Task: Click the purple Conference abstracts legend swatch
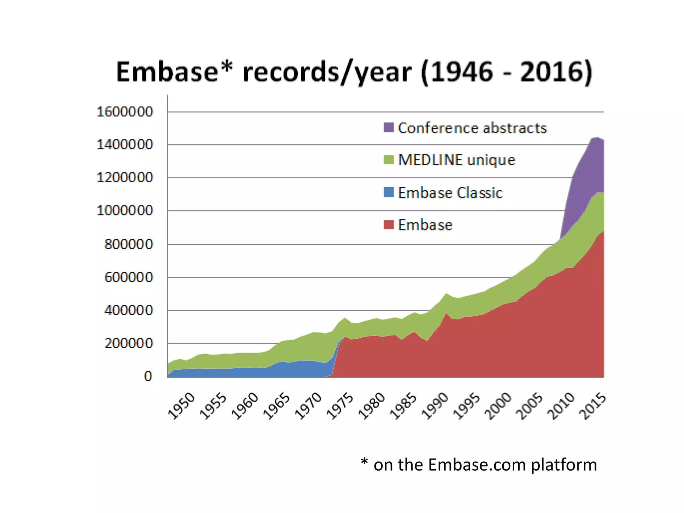388,127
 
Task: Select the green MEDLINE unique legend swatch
388,160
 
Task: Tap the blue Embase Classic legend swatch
388,192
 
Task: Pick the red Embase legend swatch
388,224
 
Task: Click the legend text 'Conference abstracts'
472,128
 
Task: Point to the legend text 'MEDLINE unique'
456,160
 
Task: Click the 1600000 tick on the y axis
125,112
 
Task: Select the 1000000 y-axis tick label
125,211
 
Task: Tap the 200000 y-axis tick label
129,343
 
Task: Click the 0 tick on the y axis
148,376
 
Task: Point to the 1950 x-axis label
181,406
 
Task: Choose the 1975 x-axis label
340,406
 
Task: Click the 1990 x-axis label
435,406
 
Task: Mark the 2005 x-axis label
529,406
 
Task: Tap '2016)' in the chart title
556,72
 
